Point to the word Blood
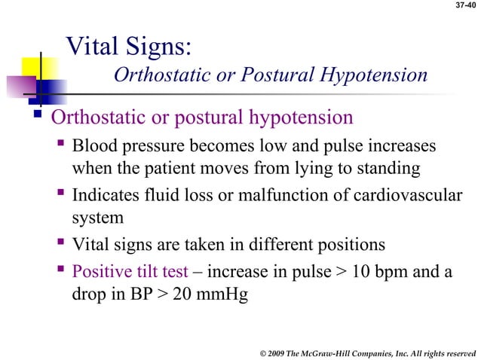click(x=93, y=144)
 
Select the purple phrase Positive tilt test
click(x=132, y=270)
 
